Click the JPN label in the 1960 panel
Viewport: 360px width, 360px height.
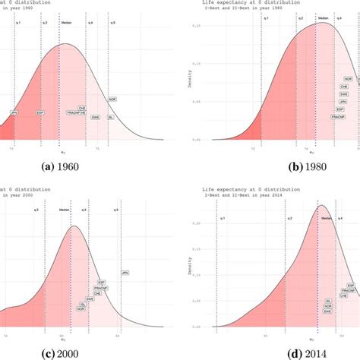(14, 112)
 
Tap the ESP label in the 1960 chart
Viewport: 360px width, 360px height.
(41, 112)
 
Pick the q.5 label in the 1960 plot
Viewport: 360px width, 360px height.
(113, 24)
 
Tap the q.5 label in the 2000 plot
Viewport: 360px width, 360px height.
(116, 209)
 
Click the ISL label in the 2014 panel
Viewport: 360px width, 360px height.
(328, 301)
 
